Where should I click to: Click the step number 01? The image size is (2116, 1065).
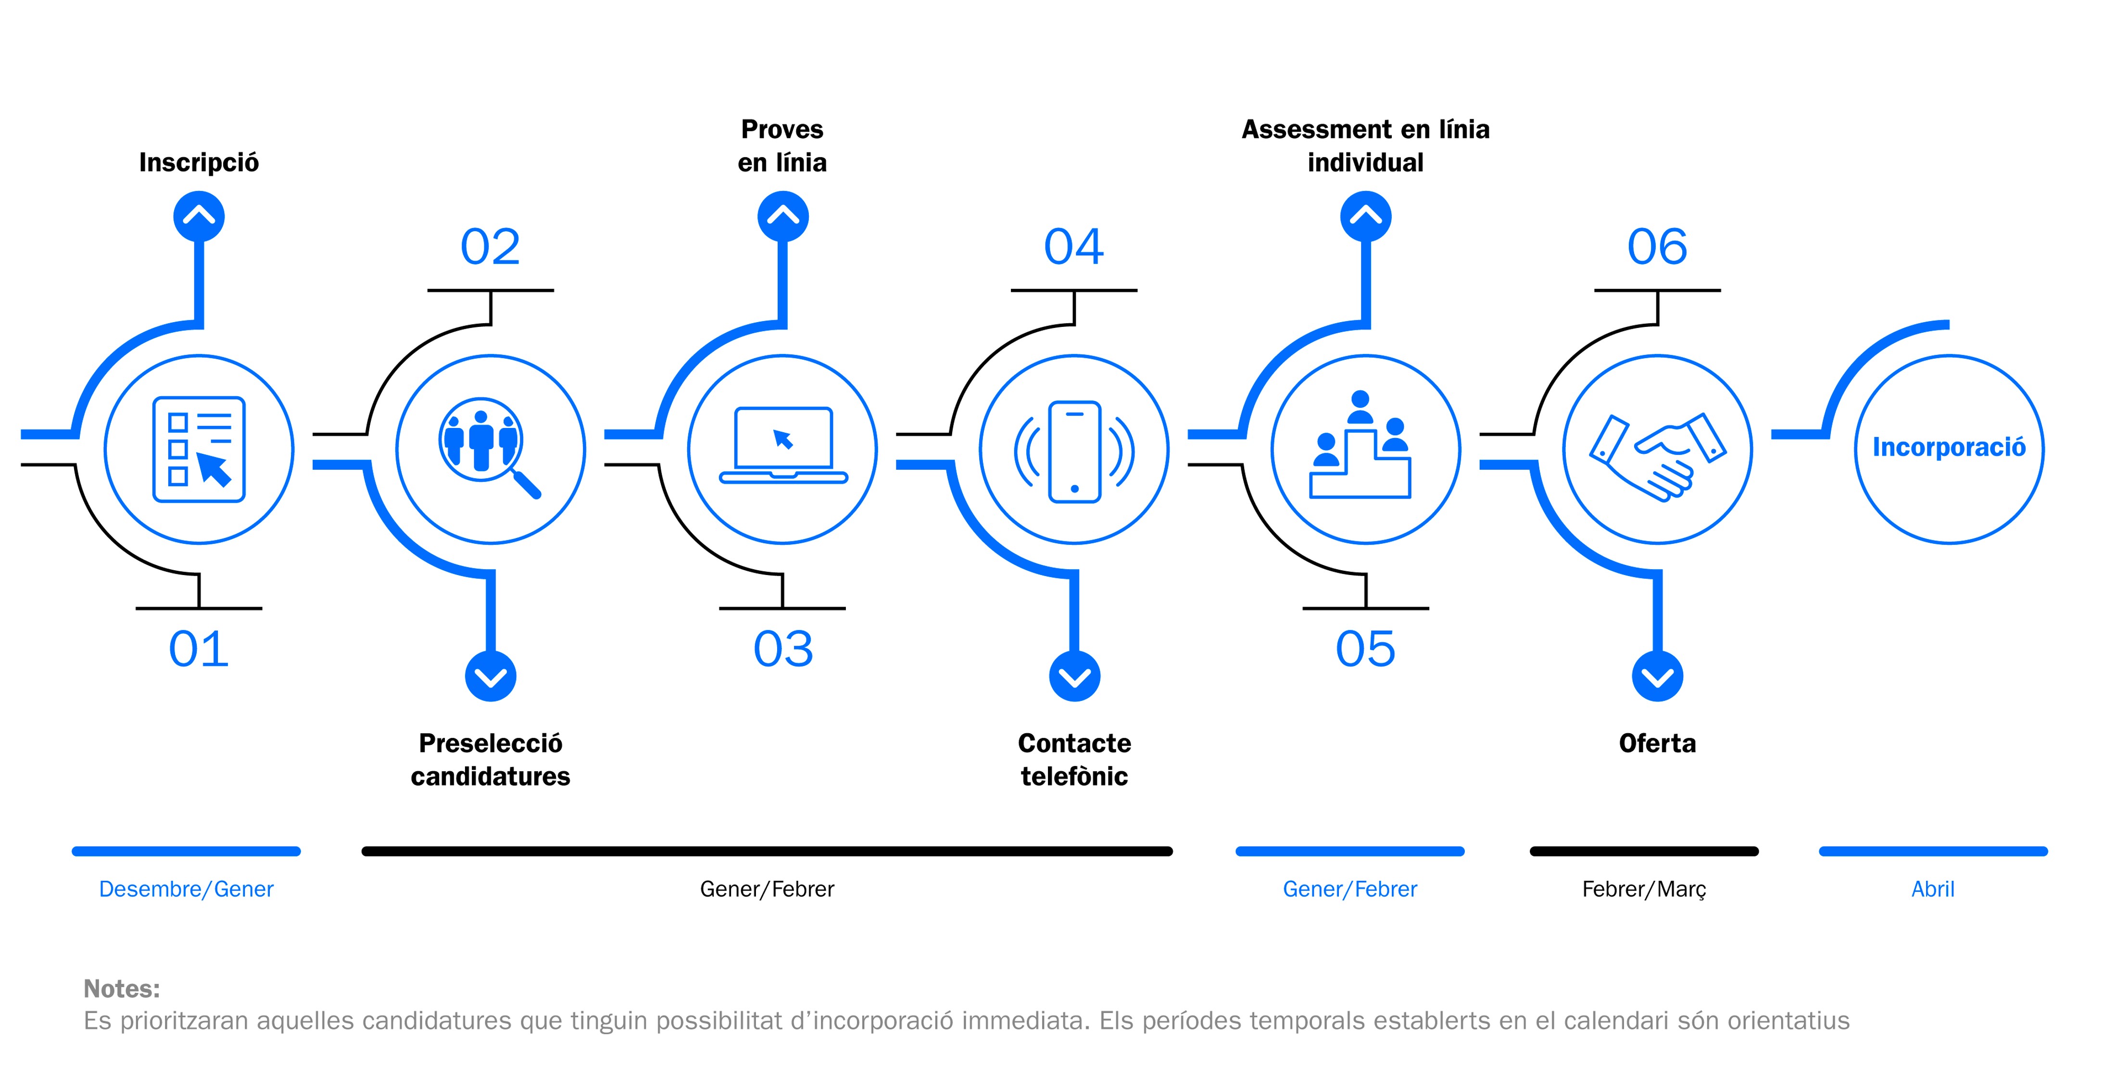199,649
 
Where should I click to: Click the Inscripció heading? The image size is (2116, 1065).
199,162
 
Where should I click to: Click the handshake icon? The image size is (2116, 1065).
1658,456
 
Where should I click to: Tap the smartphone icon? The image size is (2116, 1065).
1074,451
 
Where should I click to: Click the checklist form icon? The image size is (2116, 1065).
199,449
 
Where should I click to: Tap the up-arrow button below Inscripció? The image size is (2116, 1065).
199,216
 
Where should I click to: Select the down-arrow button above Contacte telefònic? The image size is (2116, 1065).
1074,677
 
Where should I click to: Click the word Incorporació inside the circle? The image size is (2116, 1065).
1949,448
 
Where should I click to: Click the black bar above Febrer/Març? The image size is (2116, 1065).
1644,852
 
